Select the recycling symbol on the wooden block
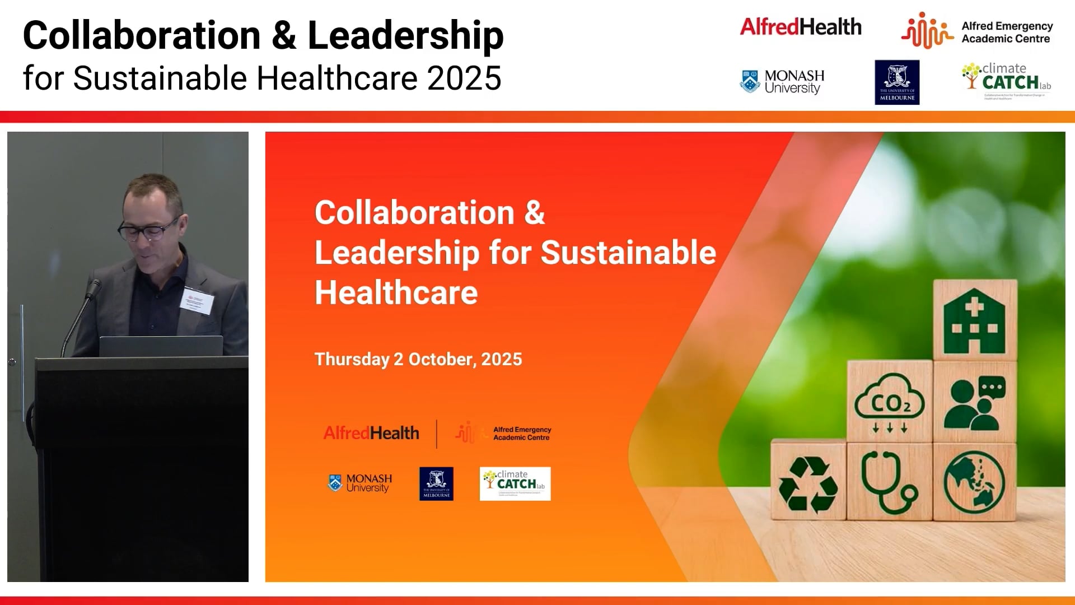click(808, 483)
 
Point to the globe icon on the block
click(974, 482)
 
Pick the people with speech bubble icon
click(975, 402)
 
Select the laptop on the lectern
click(161, 346)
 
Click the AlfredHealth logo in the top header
click(801, 27)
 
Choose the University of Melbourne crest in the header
click(897, 82)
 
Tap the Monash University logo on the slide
click(360, 483)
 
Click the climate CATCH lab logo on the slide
click(515, 483)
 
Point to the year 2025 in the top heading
click(464, 78)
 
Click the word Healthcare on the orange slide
click(396, 292)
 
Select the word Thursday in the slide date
click(352, 359)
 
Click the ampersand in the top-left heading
click(284, 35)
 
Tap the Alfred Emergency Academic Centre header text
click(1007, 32)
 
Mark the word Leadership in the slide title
click(396, 253)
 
